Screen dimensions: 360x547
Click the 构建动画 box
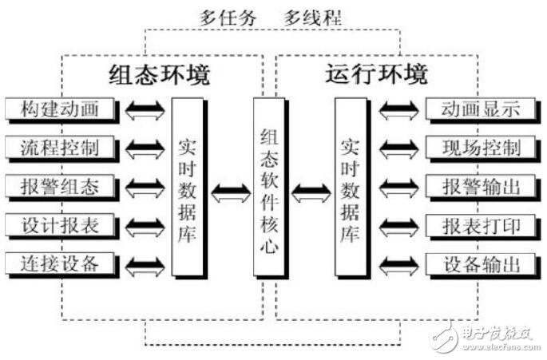pyautogui.click(x=61, y=109)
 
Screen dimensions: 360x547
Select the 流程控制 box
pyautogui.click(x=61, y=147)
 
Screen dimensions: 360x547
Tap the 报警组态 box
pyautogui.click(x=61, y=187)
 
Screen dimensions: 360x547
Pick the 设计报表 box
pyautogui.click(x=61, y=225)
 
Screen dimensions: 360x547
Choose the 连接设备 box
pyautogui.click(x=61, y=263)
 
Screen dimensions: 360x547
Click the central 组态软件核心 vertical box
pyautogui.click(x=269, y=188)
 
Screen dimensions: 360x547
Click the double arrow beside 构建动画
pyautogui.click(x=145, y=109)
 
